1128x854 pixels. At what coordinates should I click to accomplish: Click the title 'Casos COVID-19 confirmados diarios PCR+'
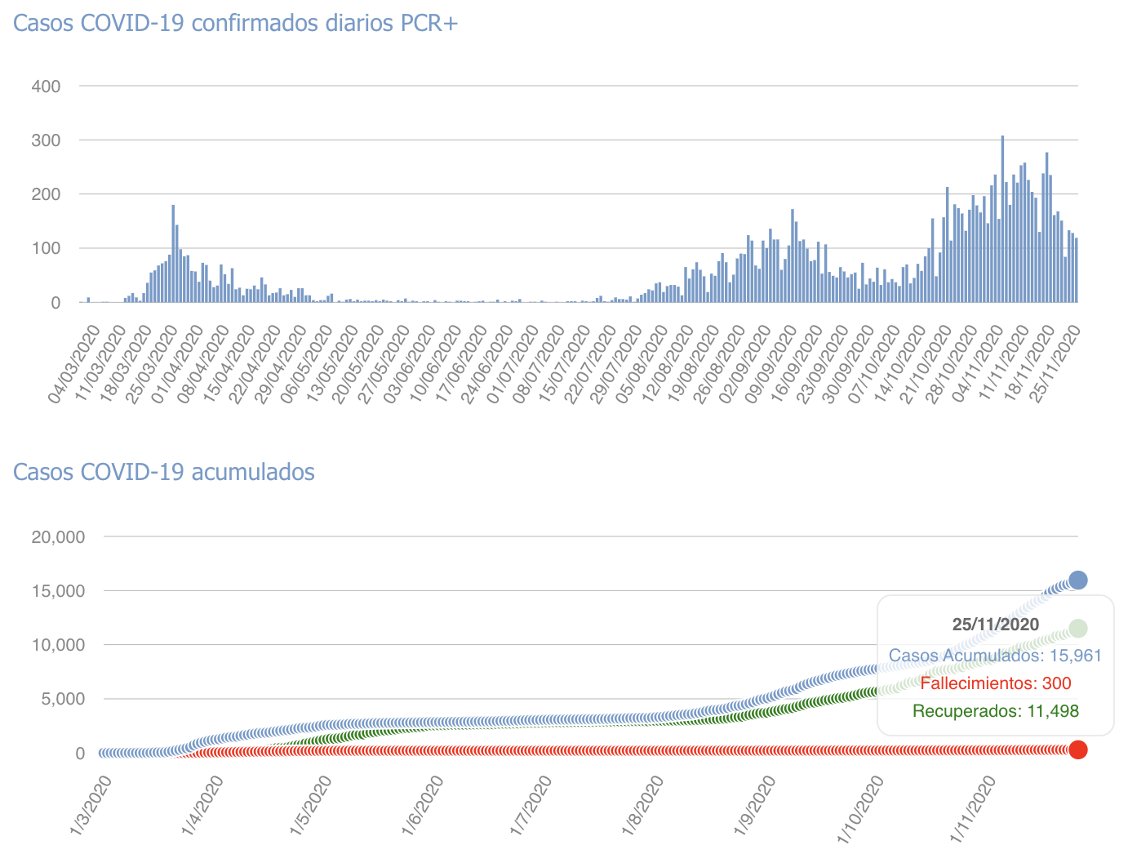coord(237,23)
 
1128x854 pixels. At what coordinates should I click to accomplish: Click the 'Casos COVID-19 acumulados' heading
coord(164,472)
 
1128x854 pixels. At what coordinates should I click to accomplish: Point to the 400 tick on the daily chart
coord(45,86)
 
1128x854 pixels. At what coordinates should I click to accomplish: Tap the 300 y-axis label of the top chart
coord(45,140)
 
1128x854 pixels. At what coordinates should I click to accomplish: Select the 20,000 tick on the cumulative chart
coord(57,536)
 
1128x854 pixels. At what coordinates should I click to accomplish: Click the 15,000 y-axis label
coord(57,590)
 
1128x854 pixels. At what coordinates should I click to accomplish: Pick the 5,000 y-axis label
coord(62,699)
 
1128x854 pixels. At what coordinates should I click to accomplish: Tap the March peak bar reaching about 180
coord(173,253)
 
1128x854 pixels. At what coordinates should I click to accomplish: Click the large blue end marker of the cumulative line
coord(1077,580)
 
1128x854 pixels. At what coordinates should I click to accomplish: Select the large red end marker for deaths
coord(1077,749)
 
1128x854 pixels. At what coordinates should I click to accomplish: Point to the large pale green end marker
coord(1077,628)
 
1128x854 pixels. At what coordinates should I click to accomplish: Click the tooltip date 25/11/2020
coord(995,625)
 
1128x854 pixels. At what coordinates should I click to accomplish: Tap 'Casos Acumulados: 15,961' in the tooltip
coord(995,656)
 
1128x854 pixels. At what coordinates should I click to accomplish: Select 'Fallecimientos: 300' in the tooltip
coord(995,683)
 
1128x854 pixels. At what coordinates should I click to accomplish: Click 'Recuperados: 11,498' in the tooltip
coord(995,711)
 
